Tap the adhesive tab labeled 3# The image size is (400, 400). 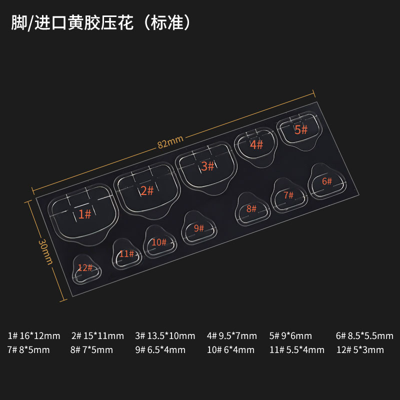coord(205,167)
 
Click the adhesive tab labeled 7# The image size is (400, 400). coord(288,196)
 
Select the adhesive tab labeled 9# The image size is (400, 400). coord(198,228)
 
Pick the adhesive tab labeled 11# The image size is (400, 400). coord(126,254)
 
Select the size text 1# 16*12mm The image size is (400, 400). coord(34,335)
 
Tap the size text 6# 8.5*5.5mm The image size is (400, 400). coord(364,335)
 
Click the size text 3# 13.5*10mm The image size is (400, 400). coord(165,335)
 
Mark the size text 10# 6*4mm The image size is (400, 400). coord(230,349)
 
